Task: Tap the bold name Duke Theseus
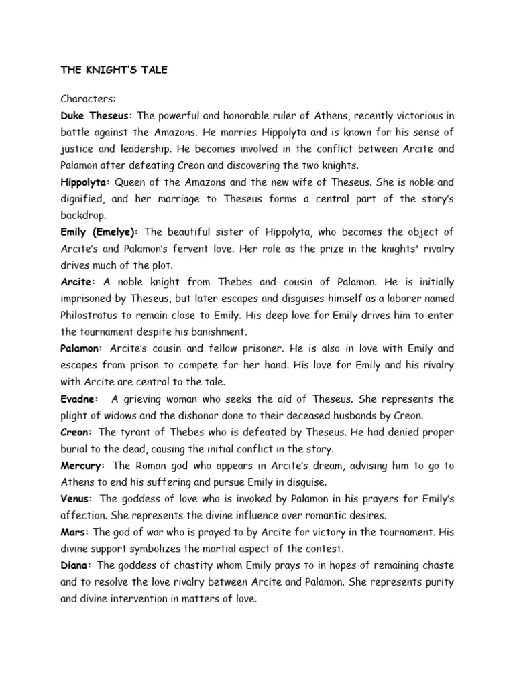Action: [x=96, y=116]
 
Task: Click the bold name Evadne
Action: [x=80, y=399]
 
